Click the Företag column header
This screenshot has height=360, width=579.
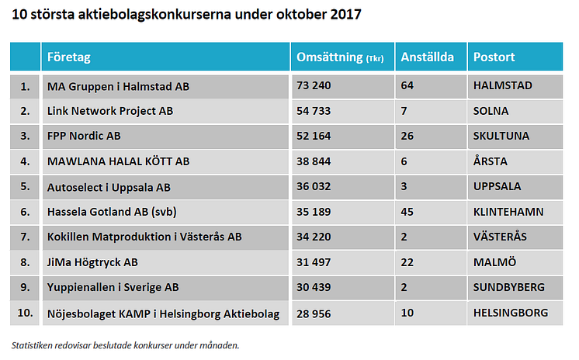click(68, 57)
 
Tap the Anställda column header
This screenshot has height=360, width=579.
click(427, 57)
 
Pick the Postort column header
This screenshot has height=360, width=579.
click(494, 57)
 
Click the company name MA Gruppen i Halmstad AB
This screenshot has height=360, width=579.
click(118, 85)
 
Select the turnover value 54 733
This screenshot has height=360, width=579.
click(314, 111)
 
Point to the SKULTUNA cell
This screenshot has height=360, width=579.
click(501, 136)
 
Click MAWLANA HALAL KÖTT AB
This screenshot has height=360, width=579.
click(118, 161)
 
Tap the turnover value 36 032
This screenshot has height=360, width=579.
click(314, 186)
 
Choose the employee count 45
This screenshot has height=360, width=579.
click(407, 212)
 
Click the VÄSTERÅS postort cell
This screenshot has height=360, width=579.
click(501, 237)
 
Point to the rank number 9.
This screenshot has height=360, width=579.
click(25, 287)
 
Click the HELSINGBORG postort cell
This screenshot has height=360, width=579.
click(510, 313)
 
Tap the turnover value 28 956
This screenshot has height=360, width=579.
click(314, 313)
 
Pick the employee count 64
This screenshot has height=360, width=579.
click(407, 85)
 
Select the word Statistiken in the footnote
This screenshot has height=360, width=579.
click(36, 344)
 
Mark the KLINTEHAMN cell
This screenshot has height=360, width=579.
click(508, 212)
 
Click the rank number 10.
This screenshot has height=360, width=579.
click(25, 313)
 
